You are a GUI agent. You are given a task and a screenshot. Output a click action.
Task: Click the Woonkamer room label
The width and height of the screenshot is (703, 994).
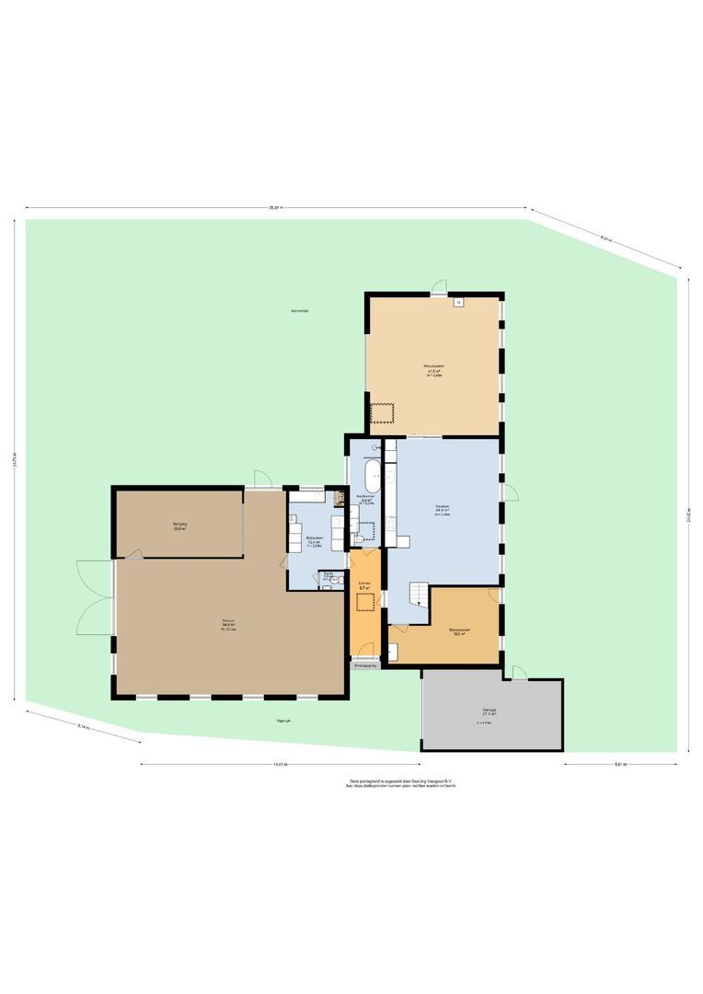click(434, 366)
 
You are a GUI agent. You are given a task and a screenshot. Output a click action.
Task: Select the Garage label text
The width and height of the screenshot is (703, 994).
click(490, 711)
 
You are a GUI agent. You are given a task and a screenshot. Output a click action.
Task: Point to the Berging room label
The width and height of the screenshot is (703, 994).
click(179, 525)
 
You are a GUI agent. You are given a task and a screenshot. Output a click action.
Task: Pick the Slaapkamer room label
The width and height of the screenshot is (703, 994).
click(457, 630)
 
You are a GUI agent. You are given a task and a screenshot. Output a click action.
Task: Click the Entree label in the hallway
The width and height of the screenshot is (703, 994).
click(364, 583)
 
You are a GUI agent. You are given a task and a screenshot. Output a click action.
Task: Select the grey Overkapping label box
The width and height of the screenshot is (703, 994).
click(365, 664)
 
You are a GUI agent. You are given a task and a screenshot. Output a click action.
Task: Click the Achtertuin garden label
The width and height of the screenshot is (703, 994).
click(299, 312)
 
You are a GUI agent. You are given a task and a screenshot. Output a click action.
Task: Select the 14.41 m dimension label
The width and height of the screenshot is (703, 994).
click(281, 764)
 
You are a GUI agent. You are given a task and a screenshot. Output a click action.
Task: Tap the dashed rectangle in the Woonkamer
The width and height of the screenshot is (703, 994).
click(382, 412)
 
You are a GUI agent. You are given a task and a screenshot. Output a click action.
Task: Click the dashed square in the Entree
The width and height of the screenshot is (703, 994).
click(365, 602)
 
